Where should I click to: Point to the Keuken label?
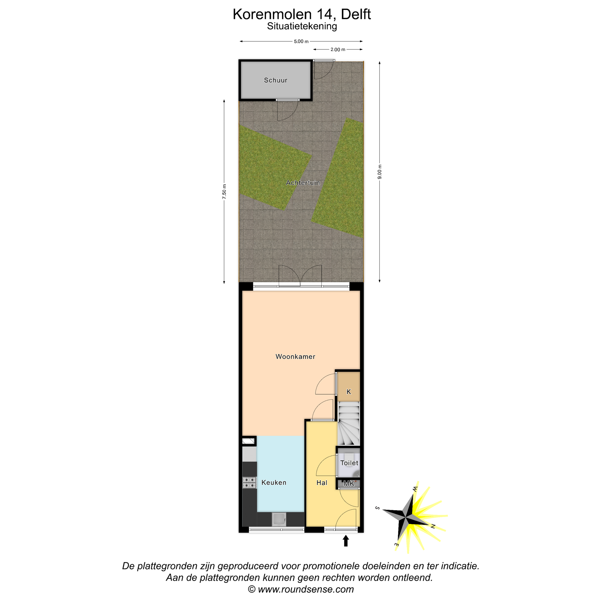tap(274, 482)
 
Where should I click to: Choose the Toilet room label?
tap(349, 463)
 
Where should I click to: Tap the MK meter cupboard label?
tap(349, 484)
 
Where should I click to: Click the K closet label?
tap(349, 392)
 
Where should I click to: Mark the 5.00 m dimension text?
tap(301, 41)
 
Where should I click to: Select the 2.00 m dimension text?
tap(338, 49)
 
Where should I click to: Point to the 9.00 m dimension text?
tap(380, 172)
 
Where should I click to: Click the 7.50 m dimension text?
tap(224, 192)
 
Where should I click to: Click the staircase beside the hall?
tap(348, 423)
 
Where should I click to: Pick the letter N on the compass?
tap(433, 526)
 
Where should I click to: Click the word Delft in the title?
tap(356, 14)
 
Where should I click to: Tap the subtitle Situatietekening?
tap(302, 27)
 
